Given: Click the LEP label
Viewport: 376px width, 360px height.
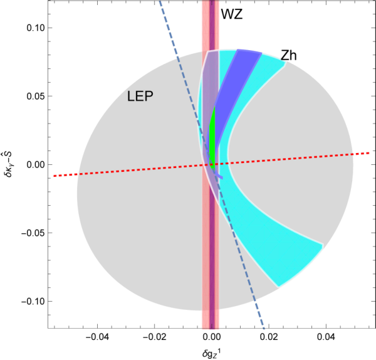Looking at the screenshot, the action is coord(140,96).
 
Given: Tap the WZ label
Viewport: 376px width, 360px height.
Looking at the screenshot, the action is coord(232,14).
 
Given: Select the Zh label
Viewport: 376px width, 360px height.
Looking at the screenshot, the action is coord(288,55).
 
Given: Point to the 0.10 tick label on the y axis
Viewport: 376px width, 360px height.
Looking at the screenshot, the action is coord(36,28).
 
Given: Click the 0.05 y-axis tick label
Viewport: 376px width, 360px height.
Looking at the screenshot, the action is coord(36,96).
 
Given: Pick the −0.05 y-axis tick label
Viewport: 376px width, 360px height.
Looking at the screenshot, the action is coord(33,233).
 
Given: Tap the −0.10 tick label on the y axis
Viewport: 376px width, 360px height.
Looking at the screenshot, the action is coord(33,301).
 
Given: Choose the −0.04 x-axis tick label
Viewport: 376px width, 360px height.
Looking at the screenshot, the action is coord(97,337).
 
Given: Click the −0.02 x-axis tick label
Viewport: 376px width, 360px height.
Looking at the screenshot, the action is coord(154,337).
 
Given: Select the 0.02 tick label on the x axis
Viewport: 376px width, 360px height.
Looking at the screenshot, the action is coord(269,337).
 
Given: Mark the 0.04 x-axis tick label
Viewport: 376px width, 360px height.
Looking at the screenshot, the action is coord(326,337).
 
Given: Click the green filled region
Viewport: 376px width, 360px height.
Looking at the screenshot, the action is coord(212,137).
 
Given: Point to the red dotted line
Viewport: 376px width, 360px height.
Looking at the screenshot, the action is coord(212,164).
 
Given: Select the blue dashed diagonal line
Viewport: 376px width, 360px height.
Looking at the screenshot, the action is coord(212,164).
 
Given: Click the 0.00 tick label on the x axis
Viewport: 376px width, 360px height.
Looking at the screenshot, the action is coord(212,337).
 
